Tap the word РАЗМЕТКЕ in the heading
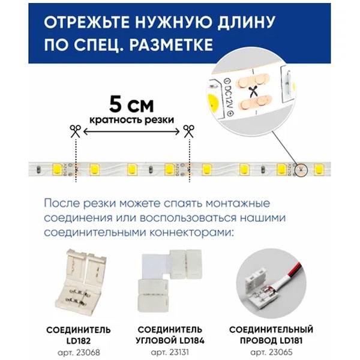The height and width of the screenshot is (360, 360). coord(171,45)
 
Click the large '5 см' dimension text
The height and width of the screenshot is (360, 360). coord(131,104)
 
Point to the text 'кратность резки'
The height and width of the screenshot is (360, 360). coord(131,120)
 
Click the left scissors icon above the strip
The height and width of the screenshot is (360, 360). coord(76,131)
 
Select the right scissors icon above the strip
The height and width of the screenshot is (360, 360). coord(189,131)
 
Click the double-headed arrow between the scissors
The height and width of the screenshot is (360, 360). coord(131,131)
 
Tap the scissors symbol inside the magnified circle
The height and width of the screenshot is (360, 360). coord(253,91)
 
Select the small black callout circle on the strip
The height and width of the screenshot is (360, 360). coord(301,170)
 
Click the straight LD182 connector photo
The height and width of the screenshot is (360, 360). coord(81,281)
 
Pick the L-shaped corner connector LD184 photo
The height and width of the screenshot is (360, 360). coord(169,281)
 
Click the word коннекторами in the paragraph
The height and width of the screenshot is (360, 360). coord(191,233)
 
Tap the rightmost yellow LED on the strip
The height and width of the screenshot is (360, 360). coord(318,170)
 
